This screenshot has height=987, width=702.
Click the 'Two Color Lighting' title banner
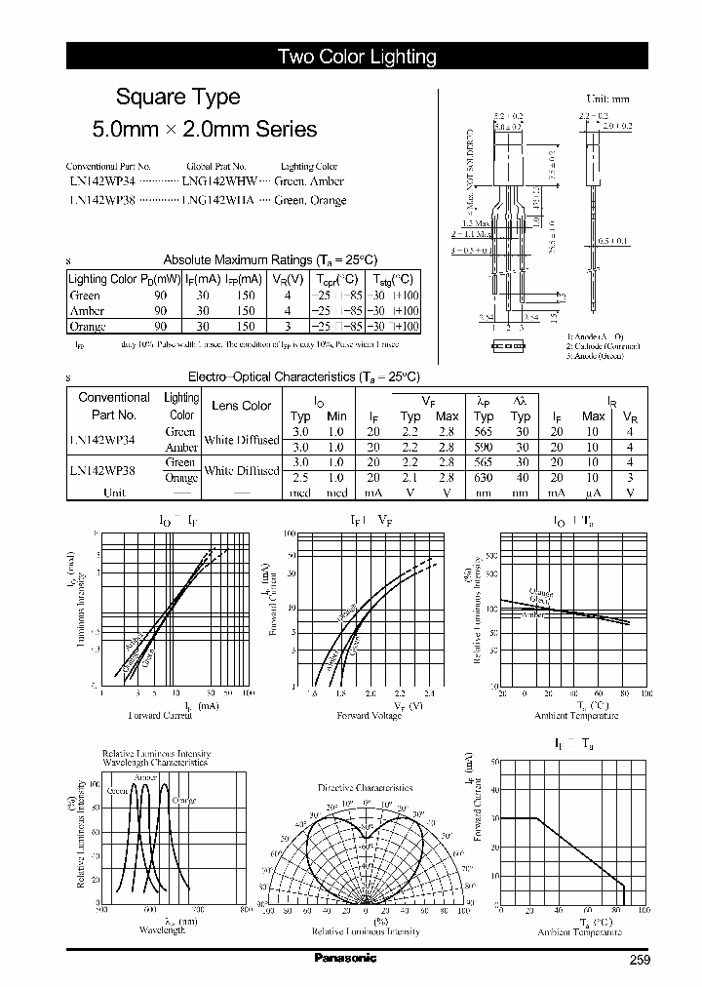(357, 58)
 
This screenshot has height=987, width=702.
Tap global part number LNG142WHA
(217, 200)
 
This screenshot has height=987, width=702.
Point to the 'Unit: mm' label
(607, 99)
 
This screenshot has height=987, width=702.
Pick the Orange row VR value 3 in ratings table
(287, 327)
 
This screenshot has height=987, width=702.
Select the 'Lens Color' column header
(241, 406)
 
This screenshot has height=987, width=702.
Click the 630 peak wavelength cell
(484, 478)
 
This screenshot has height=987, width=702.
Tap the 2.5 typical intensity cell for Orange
(301, 478)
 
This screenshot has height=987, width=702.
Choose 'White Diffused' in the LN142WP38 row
(241, 470)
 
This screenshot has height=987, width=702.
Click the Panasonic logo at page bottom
(345, 959)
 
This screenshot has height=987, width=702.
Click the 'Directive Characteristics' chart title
(365, 787)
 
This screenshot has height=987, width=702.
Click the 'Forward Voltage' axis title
(368, 716)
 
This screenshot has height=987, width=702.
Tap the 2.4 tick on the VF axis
(429, 693)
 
